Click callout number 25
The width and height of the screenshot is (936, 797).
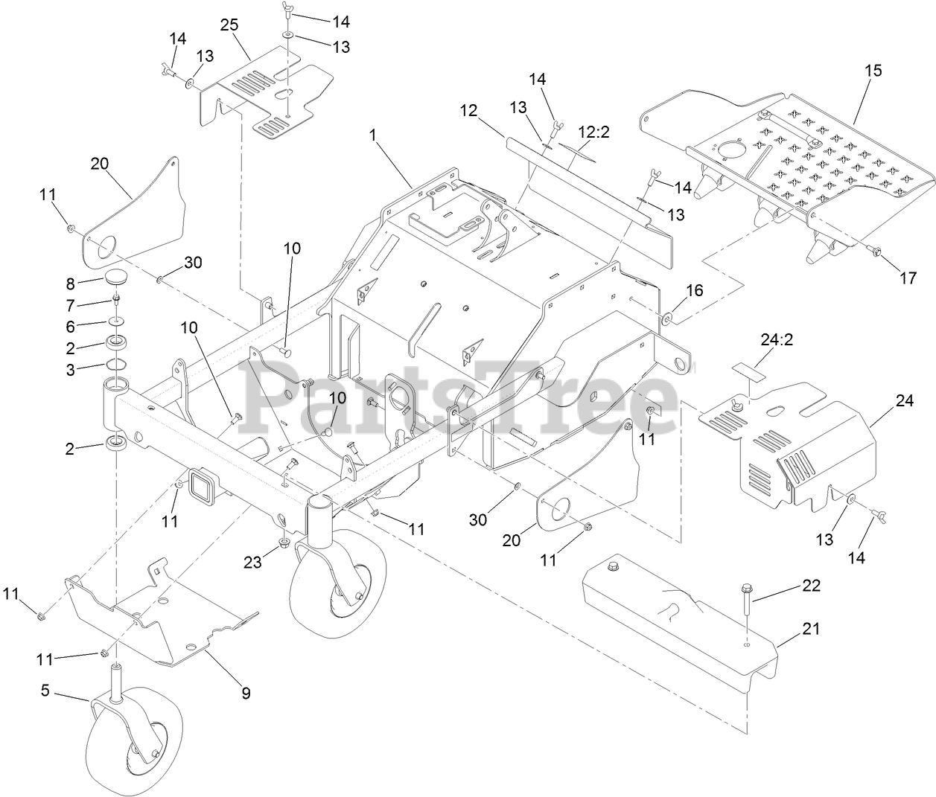[229, 25]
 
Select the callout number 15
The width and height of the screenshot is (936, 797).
[873, 71]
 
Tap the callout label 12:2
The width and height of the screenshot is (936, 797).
[594, 132]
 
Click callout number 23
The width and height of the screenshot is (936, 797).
[254, 562]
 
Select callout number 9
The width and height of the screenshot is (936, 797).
[245, 694]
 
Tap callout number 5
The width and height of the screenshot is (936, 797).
[45, 691]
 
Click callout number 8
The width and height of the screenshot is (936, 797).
[70, 284]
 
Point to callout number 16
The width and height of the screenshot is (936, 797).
[694, 291]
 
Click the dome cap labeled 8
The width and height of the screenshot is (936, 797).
[115, 278]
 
